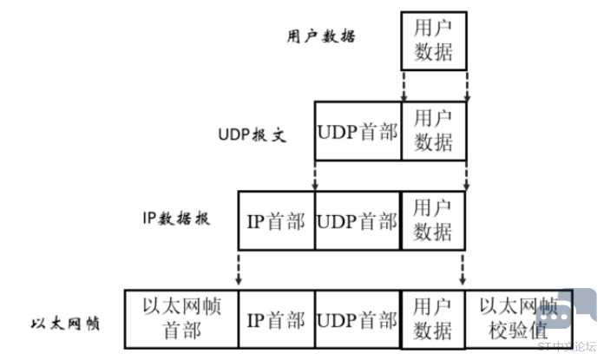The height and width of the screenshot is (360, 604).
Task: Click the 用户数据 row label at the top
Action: (321, 36)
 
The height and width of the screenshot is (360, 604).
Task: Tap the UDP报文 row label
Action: (251, 136)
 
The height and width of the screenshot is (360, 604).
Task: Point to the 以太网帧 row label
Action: (64, 324)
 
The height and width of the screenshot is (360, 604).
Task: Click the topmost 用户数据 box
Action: (434, 41)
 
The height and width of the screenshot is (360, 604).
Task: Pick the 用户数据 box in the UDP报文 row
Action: (434, 130)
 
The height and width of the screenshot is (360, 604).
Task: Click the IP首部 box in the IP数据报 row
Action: (276, 221)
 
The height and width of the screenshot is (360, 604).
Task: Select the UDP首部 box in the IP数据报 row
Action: (358, 221)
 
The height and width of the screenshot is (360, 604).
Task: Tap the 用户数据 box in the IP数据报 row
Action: (433, 220)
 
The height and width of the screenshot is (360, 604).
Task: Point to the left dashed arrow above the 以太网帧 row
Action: (239, 270)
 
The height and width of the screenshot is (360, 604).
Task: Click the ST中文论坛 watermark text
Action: (568, 345)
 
